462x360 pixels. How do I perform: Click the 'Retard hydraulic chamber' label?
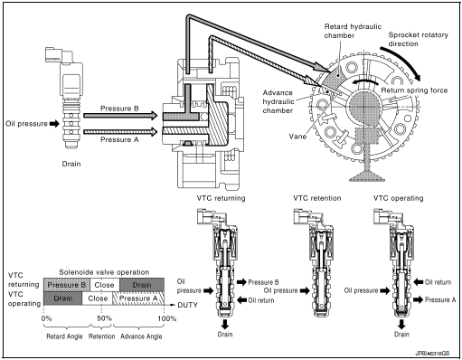[x=354, y=31]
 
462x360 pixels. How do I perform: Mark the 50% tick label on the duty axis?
[x=104, y=318]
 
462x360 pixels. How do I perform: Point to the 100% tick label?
[x=166, y=318]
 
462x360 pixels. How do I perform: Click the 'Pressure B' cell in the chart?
[x=66, y=283]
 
